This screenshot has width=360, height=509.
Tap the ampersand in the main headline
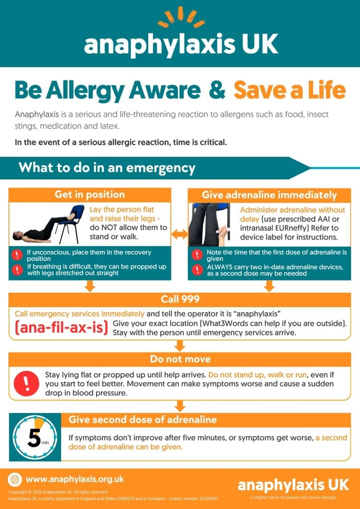point(217,90)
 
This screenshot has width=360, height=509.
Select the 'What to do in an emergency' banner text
point(107,168)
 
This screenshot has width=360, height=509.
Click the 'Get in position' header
point(90,194)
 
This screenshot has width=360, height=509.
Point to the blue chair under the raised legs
point(69,221)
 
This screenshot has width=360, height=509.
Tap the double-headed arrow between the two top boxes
point(180,234)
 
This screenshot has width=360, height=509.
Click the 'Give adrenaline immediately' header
point(269,195)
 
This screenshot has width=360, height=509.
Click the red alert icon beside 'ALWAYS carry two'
point(197,270)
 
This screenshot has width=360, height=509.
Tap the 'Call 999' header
point(180,299)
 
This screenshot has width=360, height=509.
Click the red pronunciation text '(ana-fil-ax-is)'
point(61,328)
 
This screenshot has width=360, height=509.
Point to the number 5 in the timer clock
point(34,437)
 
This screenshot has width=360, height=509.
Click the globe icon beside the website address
point(14,480)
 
